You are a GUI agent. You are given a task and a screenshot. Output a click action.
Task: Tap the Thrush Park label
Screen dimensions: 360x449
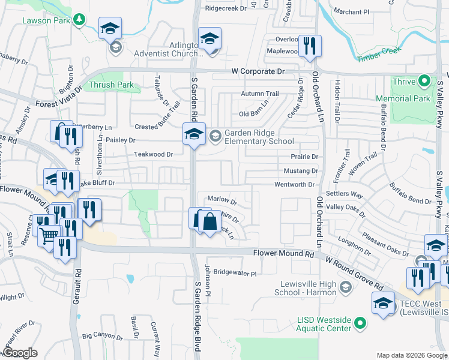pyautogui.click(x=111, y=85)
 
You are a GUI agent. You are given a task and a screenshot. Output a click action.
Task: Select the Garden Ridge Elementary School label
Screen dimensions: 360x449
pyautogui.click(x=259, y=137)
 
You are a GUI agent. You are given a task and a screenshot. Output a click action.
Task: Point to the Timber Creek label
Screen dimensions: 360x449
pyautogui.click(x=378, y=56)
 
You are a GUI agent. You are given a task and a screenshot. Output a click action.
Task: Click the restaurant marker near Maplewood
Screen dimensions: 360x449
pyautogui.click(x=310, y=47)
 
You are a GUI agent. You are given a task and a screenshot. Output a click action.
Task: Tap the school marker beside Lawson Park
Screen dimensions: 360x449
pyautogui.click(x=110, y=29)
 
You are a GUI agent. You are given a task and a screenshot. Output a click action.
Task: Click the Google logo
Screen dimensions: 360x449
pyautogui.click(x=20, y=353)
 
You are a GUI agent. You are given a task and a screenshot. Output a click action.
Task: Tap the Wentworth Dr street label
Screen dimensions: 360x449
pyautogui.click(x=295, y=185)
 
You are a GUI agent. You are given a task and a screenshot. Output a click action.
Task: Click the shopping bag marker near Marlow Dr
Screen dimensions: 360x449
pyautogui.click(x=209, y=223)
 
